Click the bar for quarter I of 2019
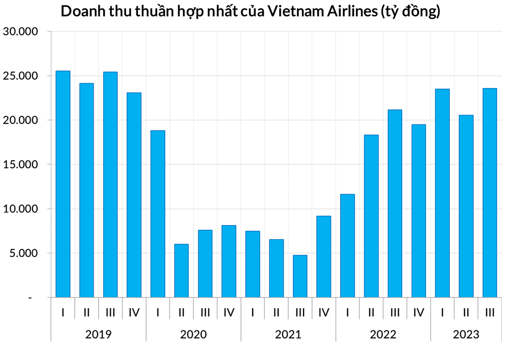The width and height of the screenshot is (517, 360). coord(63,184)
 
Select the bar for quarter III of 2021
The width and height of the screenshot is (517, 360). coord(300,276)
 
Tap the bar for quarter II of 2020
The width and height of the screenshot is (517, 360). coord(181,271)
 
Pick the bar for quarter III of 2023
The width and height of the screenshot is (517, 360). coord(490,193)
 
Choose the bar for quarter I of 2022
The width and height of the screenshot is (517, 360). coord(347,246)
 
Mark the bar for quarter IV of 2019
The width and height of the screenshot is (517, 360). coord(134,195)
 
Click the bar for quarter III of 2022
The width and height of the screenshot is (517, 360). coord(395,203)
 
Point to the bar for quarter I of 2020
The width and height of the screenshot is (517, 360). coord(158,214)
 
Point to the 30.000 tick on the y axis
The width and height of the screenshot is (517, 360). coord(20,32)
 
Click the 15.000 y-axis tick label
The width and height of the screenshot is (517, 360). coord(20,165)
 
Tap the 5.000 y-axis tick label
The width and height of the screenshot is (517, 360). coord(23,253)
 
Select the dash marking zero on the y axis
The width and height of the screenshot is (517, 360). coord(30,298)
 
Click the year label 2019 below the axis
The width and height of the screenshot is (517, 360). coord(98,334)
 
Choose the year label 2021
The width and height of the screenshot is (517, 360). coord(288,334)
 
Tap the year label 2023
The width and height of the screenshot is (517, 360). coord(466,334)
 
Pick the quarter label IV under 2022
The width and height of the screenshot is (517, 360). coord(418,312)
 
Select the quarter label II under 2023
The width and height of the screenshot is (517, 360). coord(466,312)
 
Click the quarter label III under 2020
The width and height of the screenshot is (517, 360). coord(205,312)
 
